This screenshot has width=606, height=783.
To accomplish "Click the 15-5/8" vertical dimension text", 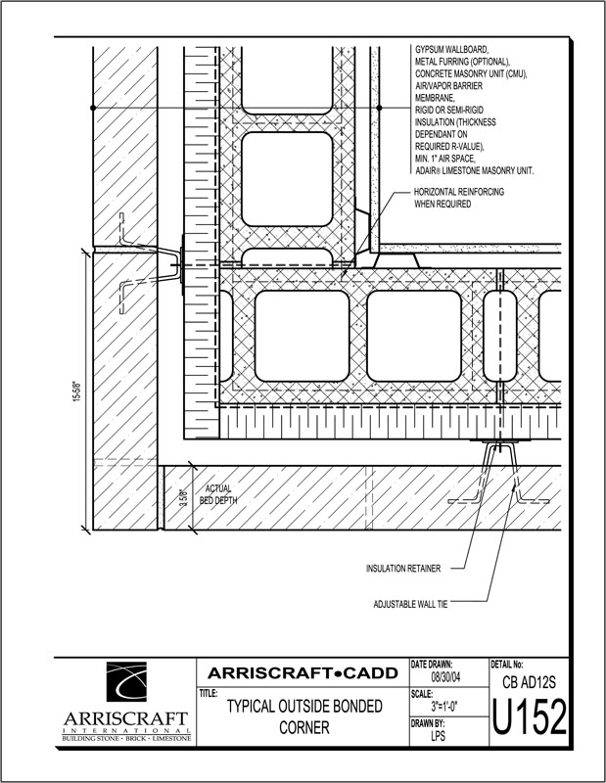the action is (x=77, y=391).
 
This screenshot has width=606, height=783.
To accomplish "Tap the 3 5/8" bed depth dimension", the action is (x=184, y=499).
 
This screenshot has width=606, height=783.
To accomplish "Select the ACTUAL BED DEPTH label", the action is (x=218, y=494).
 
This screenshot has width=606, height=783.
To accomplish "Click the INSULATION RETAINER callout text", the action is (x=403, y=569).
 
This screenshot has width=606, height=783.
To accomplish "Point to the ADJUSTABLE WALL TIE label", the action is (x=410, y=604).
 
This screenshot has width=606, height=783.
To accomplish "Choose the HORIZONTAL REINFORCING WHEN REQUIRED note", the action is (x=459, y=198).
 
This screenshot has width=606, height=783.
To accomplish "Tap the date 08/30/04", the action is (x=445, y=677).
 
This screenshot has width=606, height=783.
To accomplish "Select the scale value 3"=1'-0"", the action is (x=444, y=706).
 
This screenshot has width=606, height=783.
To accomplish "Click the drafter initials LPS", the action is (x=438, y=735).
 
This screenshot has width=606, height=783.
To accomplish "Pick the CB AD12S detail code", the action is (x=530, y=682).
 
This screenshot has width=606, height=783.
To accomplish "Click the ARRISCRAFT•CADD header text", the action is (x=303, y=673).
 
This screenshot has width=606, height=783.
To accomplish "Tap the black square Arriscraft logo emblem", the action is (x=126, y=681).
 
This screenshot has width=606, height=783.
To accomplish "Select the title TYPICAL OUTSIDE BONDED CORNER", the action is (x=304, y=716).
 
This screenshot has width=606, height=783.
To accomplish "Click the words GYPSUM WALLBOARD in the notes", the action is (x=451, y=50).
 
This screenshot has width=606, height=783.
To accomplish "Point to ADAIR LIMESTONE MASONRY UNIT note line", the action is (x=475, y=170).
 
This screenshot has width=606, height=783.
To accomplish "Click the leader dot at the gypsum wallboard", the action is (x=379, y=108).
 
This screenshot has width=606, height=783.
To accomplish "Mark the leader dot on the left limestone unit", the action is (x=93, y=108).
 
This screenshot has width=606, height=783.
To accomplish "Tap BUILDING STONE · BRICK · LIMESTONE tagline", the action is (x=126, y=738).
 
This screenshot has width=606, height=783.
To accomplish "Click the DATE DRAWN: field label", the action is (x=431, y=665).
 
